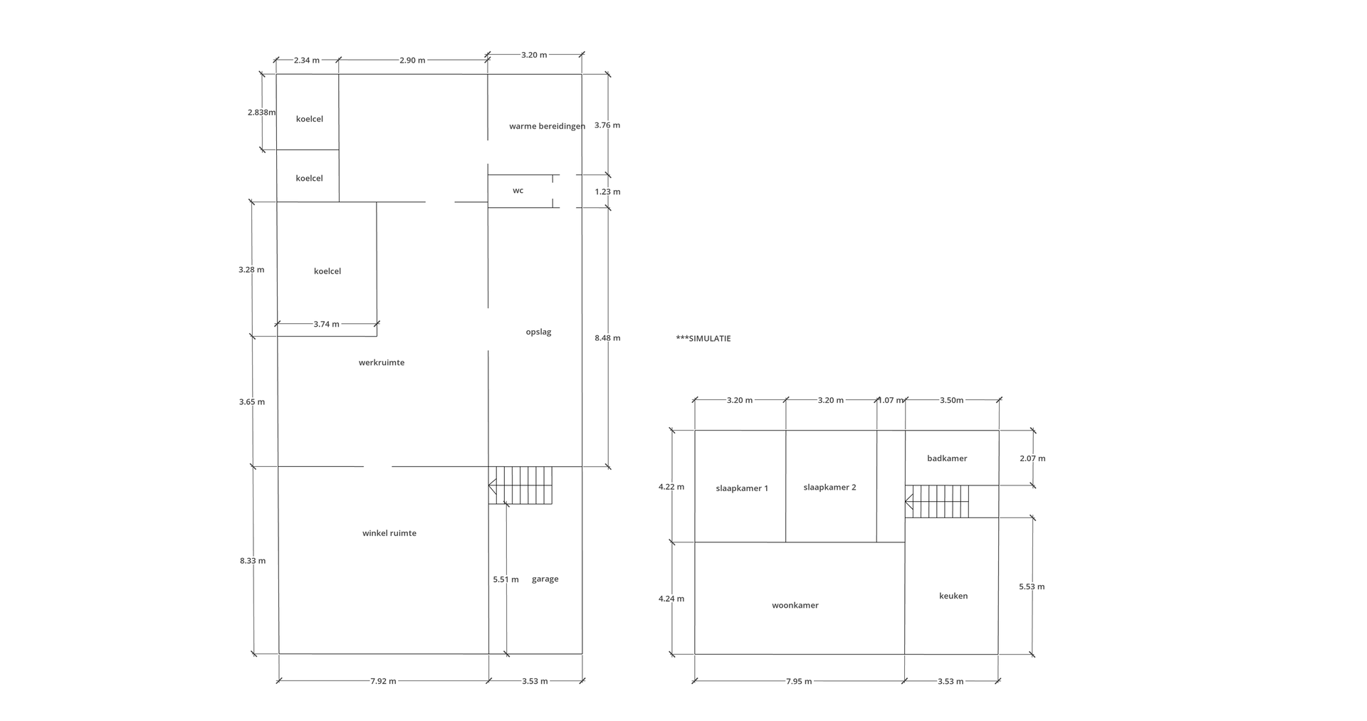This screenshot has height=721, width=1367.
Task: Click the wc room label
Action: (518, 191)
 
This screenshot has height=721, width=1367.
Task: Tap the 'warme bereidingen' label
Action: (547, 126)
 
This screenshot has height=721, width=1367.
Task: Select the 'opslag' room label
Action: (538, 332)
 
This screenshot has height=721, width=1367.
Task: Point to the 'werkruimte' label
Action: (382, 362)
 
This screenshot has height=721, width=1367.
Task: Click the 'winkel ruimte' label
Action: (389, 533)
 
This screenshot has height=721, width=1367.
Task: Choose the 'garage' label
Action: (545, 579)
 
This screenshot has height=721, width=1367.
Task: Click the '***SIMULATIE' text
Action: (703, 339)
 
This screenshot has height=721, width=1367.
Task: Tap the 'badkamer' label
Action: (947, 458)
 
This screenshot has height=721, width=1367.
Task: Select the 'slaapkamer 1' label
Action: (742, 488)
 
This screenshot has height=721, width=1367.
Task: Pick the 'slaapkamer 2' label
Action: (829, 488)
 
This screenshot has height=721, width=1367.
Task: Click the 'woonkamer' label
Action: (795, 606)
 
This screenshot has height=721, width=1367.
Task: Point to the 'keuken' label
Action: (953, 596)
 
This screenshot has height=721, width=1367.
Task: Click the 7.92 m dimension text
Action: (383, 681)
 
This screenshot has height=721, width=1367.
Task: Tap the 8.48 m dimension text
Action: (607, 338)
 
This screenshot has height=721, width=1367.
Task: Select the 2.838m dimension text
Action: (261, 112)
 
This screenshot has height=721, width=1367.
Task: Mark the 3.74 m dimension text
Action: (326, 325)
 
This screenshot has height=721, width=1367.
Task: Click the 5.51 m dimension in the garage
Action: (506, 579)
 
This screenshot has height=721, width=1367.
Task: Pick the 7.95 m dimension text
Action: (799, 682)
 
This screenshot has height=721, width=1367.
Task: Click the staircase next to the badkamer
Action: (937, 502)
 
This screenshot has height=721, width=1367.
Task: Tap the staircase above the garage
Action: (520, 485)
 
